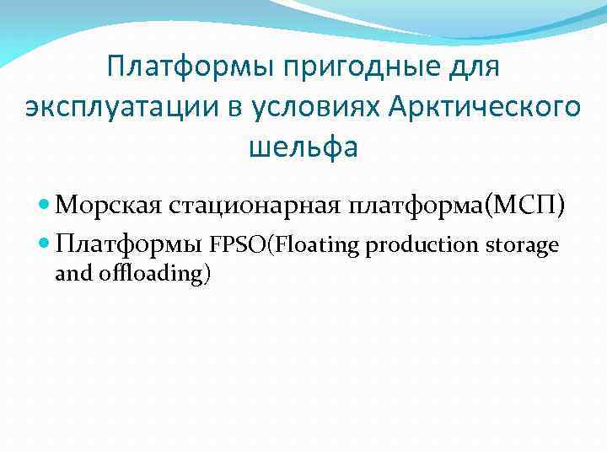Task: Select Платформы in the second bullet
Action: (128, 245)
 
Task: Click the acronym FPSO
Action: (238, 245)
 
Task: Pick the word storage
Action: (523, 245)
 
